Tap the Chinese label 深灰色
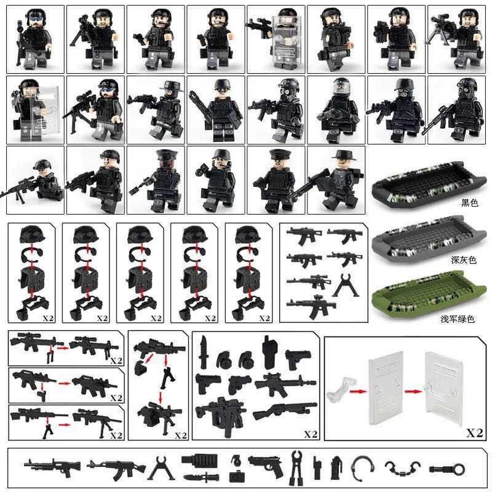point(464,260)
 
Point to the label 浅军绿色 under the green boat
point(458,319)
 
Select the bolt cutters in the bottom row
point(296,467)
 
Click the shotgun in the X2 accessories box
point(284,411)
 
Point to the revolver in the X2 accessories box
point(239,384)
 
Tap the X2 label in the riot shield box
point(474,433)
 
